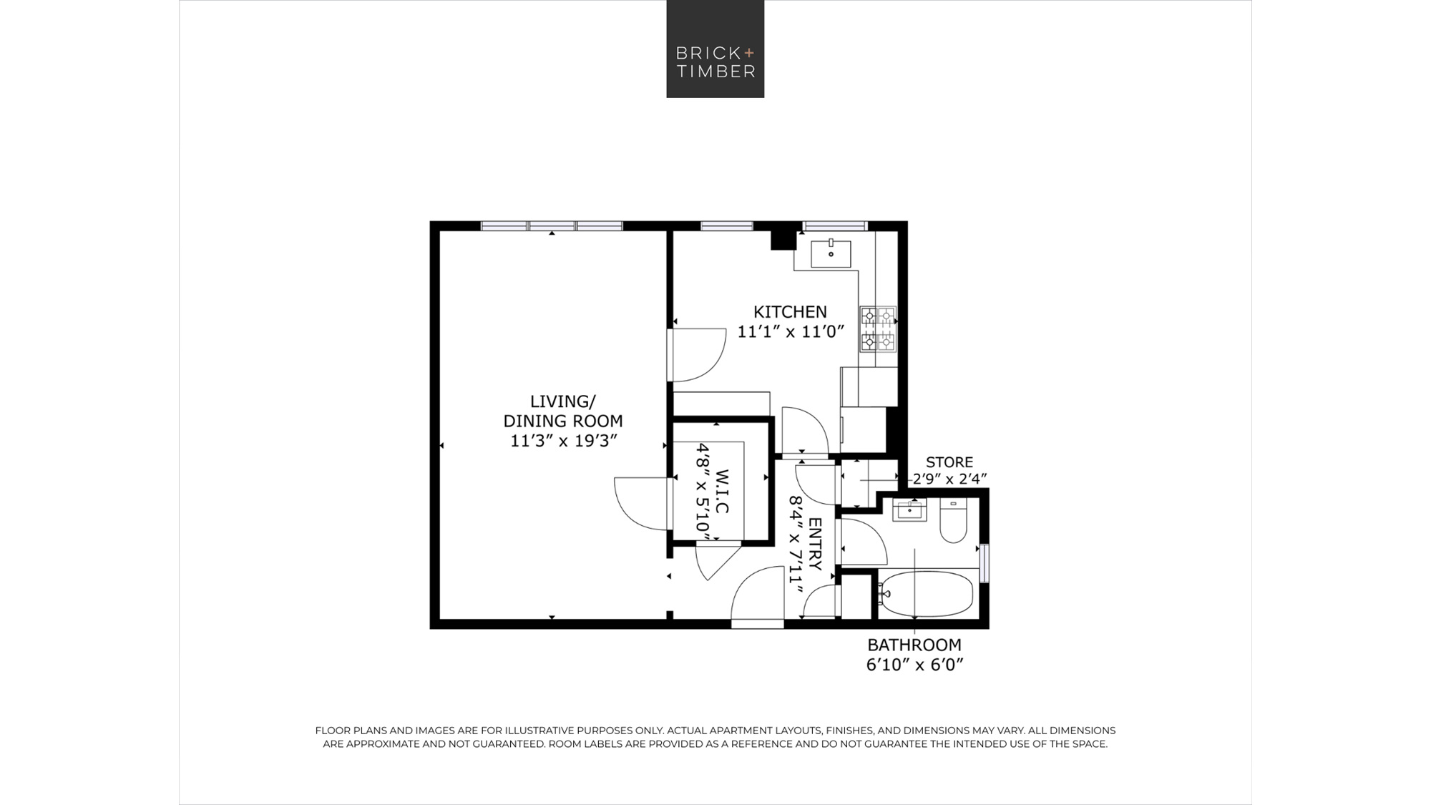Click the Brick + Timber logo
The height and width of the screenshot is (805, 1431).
point(715,49)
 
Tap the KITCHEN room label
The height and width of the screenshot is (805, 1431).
point(790,312)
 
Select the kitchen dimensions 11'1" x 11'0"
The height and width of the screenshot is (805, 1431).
point(791,332)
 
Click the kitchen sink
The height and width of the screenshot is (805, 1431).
point(831,253)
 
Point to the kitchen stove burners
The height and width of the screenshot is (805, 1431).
point(878,329)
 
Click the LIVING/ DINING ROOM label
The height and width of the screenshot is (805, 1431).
point(563,411)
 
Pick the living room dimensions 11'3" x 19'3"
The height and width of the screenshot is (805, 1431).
point(563,441)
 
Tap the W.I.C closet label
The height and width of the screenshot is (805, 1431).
point(722,492)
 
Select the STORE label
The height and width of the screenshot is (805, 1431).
point(949,462)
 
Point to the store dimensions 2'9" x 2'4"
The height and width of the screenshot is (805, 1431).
point(949,479)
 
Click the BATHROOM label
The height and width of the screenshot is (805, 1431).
point(914,645)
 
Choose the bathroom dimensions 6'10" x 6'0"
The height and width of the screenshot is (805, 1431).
point(914,665)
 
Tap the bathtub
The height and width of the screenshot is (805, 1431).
point(926,594)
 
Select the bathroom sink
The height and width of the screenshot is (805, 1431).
point(909,510)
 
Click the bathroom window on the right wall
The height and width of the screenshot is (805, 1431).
point(985,563)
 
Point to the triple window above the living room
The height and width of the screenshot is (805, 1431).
point(552,226)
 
